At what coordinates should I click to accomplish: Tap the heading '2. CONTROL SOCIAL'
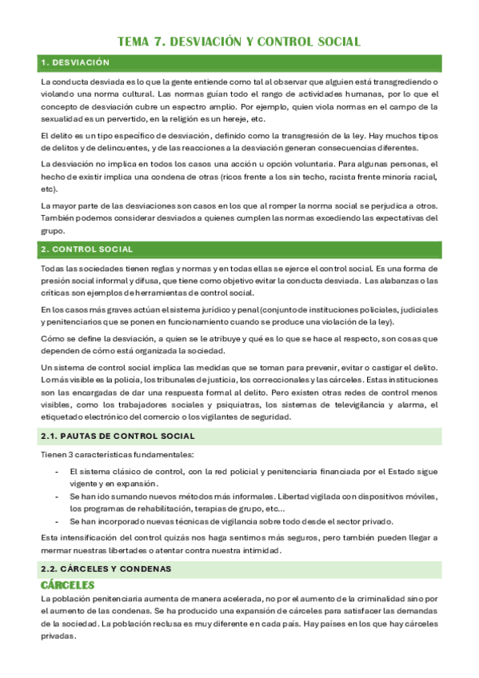point(87,249)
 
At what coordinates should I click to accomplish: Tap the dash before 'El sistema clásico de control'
point(56,471)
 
